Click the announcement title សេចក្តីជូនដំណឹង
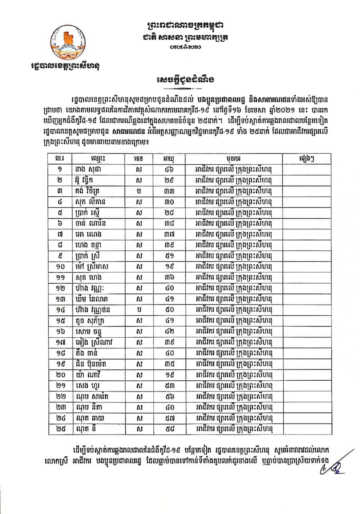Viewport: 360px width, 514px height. (x=180, y=79)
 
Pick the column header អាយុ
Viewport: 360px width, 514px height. (x=165, y=159)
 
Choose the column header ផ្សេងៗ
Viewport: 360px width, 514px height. (x=307, y=159)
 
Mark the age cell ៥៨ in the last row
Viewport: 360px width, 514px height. (x=165, y=429)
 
